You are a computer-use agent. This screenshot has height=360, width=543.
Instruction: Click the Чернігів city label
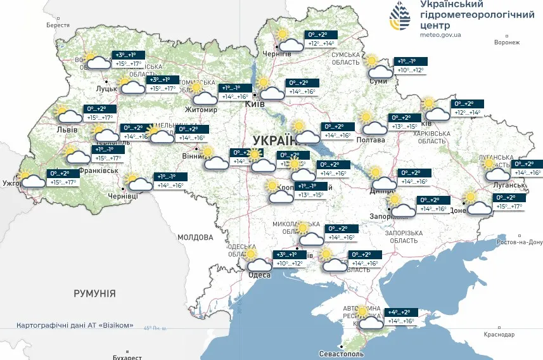point(277,54)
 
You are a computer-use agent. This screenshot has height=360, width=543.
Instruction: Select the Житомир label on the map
point(201,110)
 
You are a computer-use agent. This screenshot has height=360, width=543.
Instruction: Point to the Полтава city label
point(371,140)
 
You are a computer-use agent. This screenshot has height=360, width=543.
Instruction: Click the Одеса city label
point(260,274)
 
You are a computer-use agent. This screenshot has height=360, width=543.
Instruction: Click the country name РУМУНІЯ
point(94,293)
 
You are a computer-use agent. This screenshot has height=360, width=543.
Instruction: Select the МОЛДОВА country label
point(195,237)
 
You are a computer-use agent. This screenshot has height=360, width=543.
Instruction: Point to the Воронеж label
point(506,42)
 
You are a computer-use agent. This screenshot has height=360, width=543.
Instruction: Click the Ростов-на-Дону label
point(520,242)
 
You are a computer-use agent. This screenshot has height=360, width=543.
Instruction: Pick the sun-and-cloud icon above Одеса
point(257,260)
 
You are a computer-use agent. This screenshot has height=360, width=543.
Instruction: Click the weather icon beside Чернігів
point(288,40)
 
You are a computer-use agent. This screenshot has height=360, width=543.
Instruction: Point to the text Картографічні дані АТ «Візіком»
point(75,325)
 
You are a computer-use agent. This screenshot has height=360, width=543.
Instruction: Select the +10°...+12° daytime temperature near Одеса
point(289,263)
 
